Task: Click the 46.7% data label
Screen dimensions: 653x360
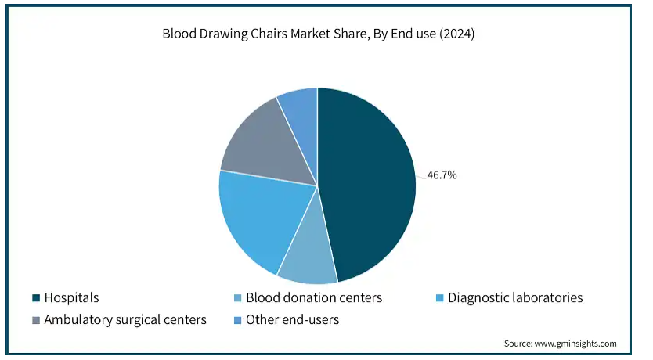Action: click(442, 175)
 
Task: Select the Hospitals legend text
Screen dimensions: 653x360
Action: click(71, 297)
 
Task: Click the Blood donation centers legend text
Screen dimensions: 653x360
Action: click(314, 297)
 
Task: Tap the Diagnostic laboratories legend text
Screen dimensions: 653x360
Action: click(515, 297)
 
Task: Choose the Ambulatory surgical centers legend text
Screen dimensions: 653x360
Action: click(125, 319)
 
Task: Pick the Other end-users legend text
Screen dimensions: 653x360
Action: click(292, 319)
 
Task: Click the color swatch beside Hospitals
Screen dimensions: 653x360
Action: click(36, 298)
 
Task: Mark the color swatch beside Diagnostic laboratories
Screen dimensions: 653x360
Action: click(440, 298)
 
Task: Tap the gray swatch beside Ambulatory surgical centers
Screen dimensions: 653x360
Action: click(36, 320)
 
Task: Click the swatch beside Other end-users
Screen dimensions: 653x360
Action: click(238, 320)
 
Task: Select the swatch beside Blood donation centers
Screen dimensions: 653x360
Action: click(238, 298)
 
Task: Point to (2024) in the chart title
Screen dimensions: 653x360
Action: click(456, 34)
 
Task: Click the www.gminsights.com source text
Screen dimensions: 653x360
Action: click(575, 344)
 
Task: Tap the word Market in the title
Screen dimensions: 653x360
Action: click(308, 34)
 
